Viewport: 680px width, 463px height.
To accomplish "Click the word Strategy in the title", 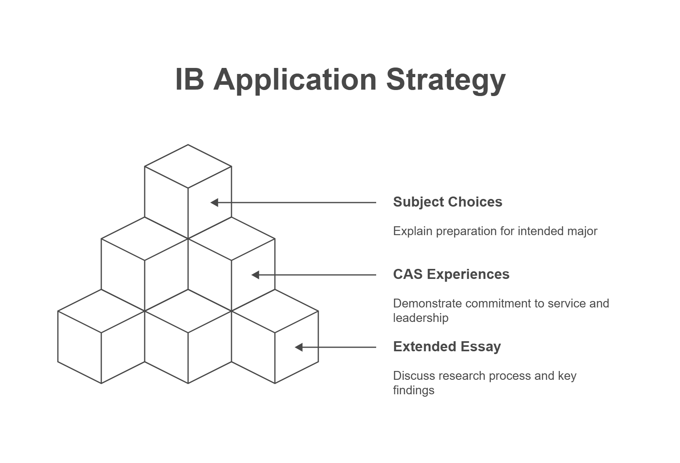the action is click(446, 80).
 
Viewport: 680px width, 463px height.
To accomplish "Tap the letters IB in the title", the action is click(190, 79).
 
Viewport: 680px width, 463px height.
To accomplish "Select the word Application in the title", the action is click(295, 80).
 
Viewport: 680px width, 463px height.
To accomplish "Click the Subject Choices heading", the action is click(447, 202).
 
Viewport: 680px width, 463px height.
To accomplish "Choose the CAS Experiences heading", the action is click(451, 274).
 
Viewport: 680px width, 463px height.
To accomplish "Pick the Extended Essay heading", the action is click(447, 347).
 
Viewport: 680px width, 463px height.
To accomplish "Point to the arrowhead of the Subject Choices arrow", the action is click(214, 203).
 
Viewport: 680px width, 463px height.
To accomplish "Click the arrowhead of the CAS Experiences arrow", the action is click(255, 275).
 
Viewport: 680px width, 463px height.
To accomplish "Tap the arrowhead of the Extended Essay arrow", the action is click(299, 347).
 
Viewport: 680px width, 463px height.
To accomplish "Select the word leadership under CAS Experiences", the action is click(420, 318).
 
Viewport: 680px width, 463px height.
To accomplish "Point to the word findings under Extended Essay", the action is click(414, 390).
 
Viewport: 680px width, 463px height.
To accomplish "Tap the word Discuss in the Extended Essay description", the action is click(414, 376).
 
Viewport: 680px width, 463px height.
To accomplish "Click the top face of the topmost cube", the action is click(188, 166).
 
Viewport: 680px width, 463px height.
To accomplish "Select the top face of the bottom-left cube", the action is click(101, 311).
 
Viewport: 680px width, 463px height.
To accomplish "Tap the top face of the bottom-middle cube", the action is click(188, 311).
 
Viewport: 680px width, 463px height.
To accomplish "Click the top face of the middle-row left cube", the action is click(145, 239).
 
